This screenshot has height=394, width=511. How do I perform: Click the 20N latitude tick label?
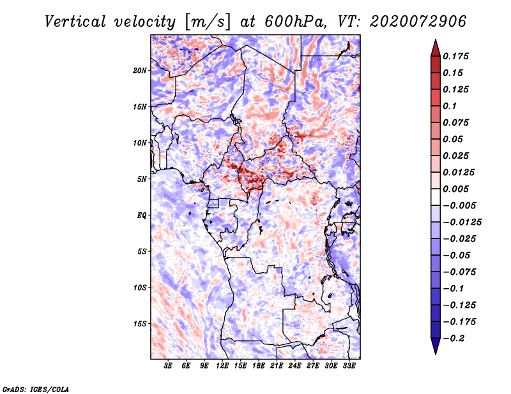click(x=140, y=70)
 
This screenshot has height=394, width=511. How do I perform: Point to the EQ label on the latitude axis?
click(x=141, y=215)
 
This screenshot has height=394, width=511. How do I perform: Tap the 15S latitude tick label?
click(x=140, y=323)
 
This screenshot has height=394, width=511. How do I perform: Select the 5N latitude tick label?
click(x=142, y=179)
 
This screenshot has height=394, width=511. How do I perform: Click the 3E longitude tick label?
click(x=169, y=366)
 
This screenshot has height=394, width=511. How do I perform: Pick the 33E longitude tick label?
click(x=348, y=366)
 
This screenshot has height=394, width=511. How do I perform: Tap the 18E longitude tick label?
click(x=259, y=366)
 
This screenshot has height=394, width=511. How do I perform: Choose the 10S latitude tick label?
click(x=140, y=288)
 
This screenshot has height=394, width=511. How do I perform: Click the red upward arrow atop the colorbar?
click(x=435, y=46)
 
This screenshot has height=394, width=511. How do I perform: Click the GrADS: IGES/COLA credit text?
click(x=36, y=388)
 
